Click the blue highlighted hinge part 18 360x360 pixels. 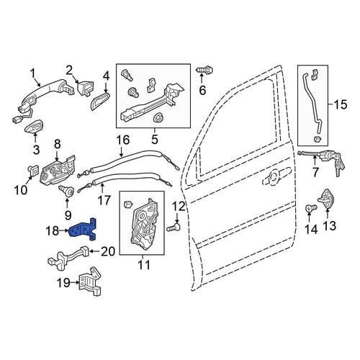(x=83, y=229)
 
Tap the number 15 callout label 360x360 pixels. (x=340, y=105)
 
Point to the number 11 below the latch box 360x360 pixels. (x=144, y=265)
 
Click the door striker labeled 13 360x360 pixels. (x=328, y=198)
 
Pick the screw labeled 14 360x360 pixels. (x=310, y=208)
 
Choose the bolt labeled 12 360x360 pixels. (x=174, y=227)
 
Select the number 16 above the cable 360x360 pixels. (x=123, y=140)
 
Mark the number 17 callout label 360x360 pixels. (x=104, y=200)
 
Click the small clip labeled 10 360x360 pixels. (x=33, y=170)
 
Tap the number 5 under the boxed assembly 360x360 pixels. (x=155, y=139)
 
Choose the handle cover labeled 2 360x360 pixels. (x=86, y=88)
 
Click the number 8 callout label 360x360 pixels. (x=58, y=144)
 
